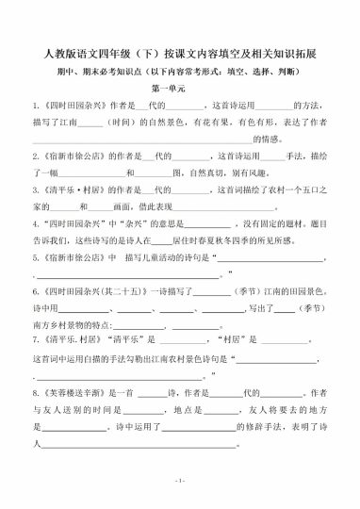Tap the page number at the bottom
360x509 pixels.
point(179,481)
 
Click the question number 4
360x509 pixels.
point(34,225)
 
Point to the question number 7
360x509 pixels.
point(34,337)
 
